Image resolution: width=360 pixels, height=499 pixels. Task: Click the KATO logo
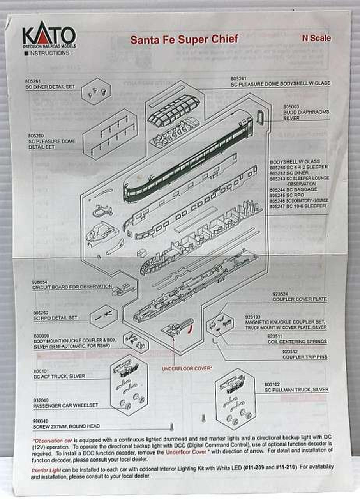49,36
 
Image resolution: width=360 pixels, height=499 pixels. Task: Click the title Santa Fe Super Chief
184,40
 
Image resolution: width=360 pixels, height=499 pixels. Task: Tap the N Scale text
316,38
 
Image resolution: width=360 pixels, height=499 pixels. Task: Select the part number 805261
37,81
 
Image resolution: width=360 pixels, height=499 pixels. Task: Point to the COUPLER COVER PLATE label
300,299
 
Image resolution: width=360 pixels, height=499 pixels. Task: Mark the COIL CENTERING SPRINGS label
297,342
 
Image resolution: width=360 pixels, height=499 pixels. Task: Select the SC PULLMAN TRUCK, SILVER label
296,389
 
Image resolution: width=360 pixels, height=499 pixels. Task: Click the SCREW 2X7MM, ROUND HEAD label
66,426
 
